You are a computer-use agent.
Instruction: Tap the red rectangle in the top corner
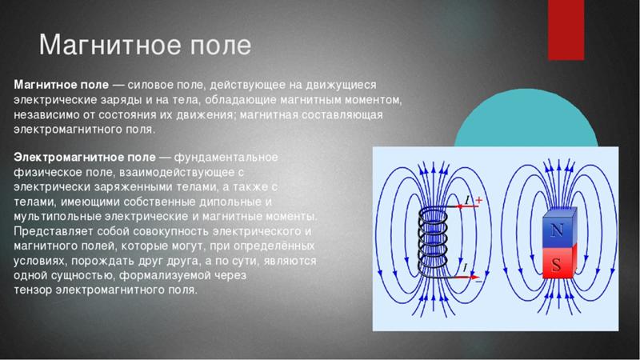pos(566,30)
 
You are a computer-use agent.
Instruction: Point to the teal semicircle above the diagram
pos(526,118)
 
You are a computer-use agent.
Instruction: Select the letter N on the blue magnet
pos(556,230)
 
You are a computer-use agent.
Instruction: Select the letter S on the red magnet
pos(556,266)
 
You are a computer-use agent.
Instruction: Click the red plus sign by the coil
pos(478,200)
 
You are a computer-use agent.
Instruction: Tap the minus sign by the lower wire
pos(478,282)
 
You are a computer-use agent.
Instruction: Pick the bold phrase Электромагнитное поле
pos(85,158)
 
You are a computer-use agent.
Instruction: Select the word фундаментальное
pos(226,158)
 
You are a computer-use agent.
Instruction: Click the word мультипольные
pos(57,216)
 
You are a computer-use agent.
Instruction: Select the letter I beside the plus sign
pos(468,200)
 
